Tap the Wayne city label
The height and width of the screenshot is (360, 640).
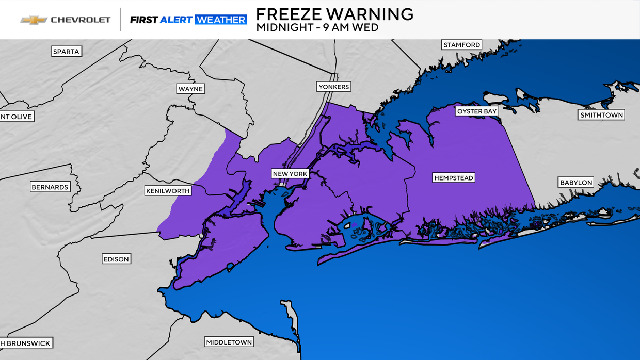[190, 89]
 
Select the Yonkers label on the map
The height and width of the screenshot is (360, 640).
[333, 87]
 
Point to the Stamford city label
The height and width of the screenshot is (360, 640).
[462, 45]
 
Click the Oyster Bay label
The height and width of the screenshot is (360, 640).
[476, 111]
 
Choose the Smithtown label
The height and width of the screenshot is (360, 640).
[601, 115]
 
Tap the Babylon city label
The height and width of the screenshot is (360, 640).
[576, 182]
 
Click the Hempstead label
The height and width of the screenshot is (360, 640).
[453, 178]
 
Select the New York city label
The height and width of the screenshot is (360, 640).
[290, 174]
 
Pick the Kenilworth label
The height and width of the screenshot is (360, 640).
[168, 191]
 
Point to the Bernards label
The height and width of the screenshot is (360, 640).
[50, 187]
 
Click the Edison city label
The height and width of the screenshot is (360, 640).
[116, 259]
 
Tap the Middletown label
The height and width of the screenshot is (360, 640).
[229, 342]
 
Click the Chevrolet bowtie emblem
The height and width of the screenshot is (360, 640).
[34, 20]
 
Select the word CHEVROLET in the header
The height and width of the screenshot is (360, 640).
[81, 20]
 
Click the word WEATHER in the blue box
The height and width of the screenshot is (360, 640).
[220, 20]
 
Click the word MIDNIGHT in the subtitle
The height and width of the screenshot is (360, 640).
[282, 27]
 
